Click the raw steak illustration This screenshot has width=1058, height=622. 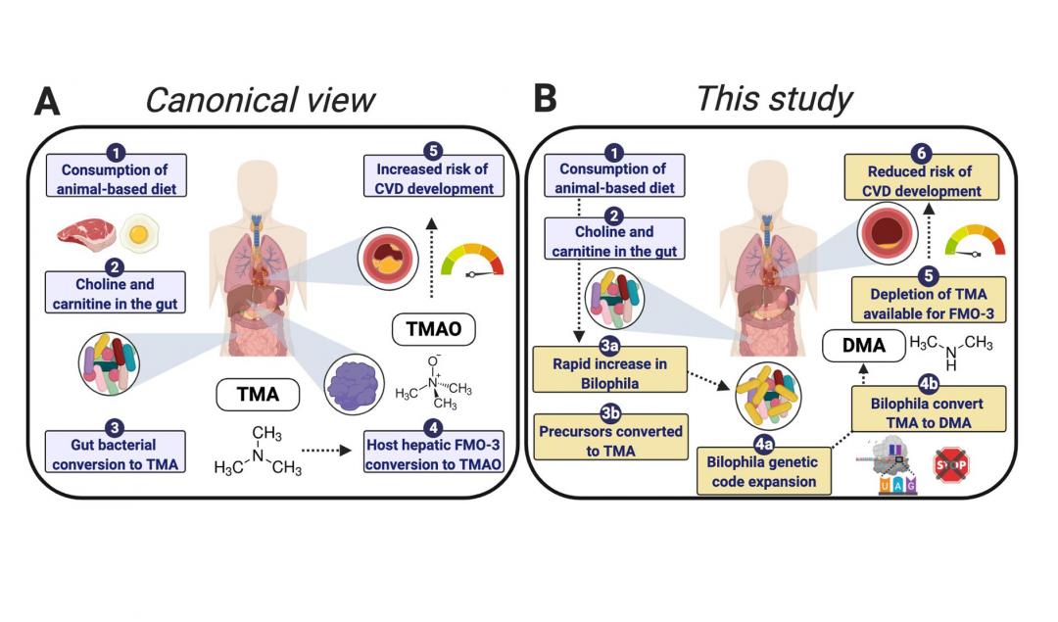[x=87, y=234]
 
